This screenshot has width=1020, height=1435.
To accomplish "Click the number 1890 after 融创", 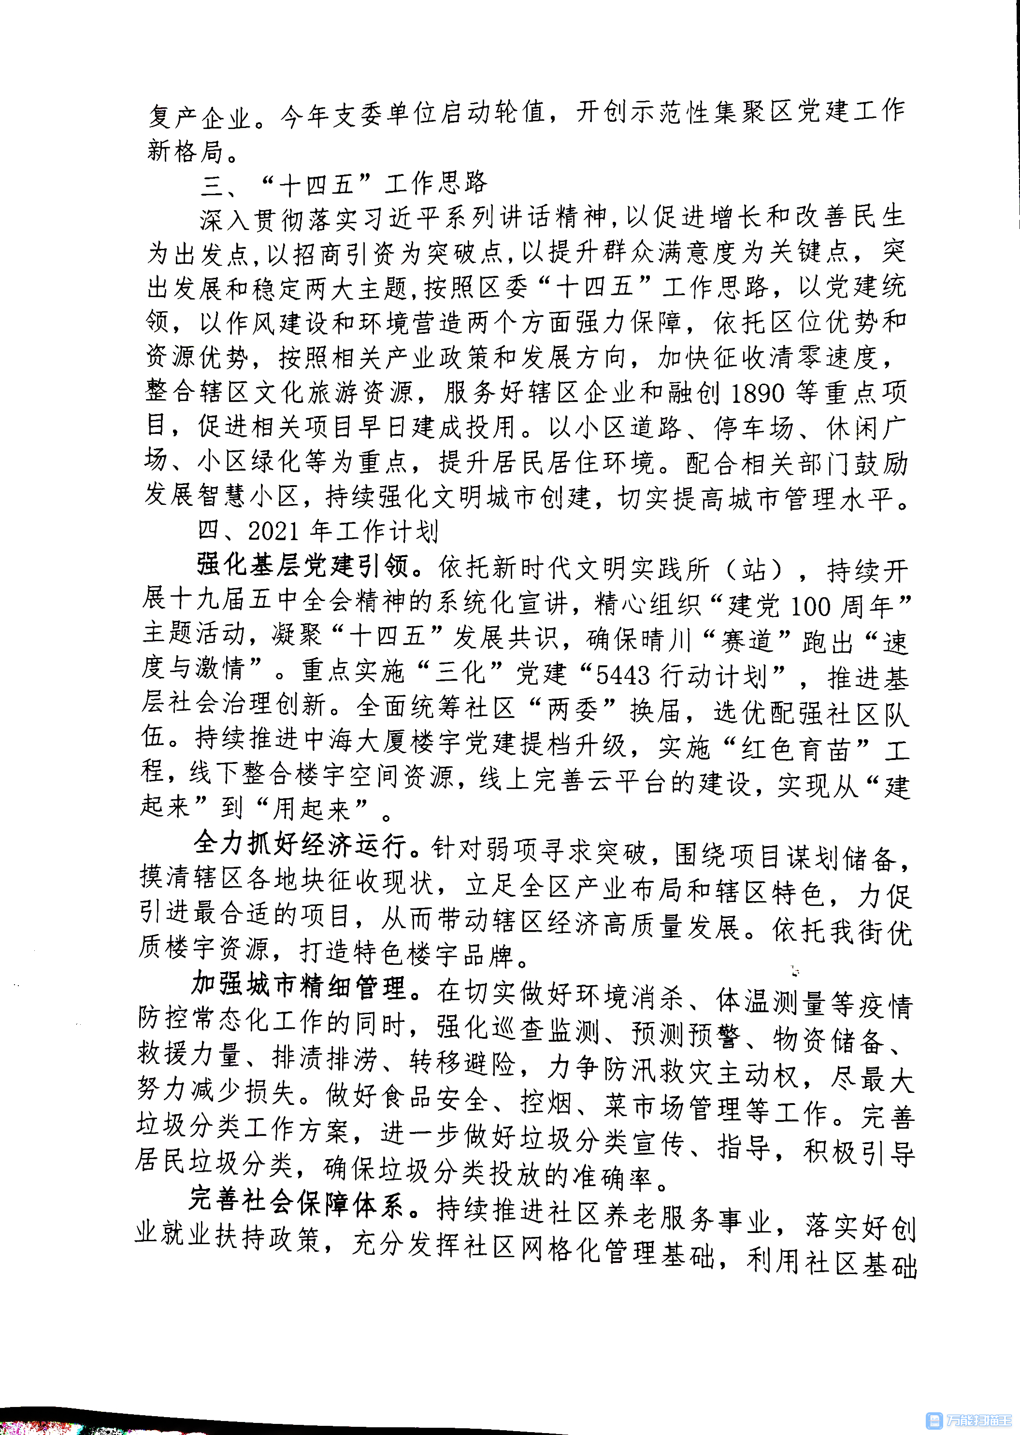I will (758, 393).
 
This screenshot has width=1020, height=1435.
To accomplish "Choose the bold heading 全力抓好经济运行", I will (300, 844).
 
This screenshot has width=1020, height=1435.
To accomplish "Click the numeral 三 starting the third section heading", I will (212, 185).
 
